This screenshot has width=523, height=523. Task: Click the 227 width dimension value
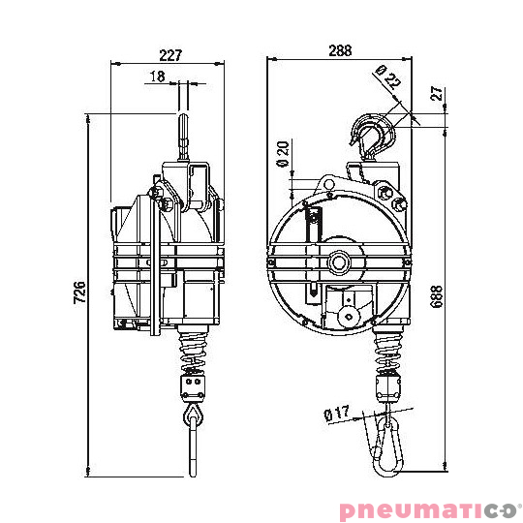pos(169,55)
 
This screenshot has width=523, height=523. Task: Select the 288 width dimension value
pos(338,48)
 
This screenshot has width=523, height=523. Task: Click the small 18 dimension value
pos(158,77)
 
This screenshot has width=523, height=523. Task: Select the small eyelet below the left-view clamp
pos(194,415)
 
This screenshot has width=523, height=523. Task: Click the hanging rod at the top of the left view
pos(185,132)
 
